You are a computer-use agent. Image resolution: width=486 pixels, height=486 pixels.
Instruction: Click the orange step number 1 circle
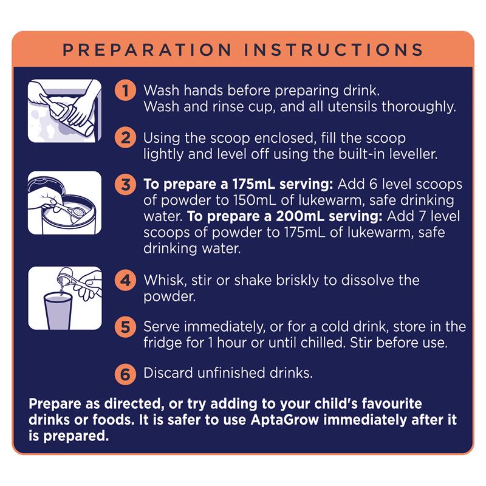coord(125,91)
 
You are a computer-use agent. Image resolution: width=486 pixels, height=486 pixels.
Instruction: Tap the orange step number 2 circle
coord(125,138)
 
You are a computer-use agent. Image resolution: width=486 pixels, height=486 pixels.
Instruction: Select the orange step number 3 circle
coord(125,185)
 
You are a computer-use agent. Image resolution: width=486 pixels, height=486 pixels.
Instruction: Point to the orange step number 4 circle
coord(125,280)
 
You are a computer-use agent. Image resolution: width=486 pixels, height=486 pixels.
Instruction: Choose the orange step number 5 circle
coord(125,327)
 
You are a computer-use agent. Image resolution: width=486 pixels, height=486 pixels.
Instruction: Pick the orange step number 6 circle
coord(125,374)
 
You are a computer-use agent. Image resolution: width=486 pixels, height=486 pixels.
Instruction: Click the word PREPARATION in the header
coord(147,50)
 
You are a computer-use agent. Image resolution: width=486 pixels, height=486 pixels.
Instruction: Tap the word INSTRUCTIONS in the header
coord(334,50)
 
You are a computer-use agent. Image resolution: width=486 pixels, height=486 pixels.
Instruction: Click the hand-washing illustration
coord(64,111)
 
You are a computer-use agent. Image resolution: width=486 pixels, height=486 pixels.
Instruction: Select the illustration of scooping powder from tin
coord(64,203)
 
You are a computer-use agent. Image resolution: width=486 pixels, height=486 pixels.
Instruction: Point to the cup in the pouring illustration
coord(58,311)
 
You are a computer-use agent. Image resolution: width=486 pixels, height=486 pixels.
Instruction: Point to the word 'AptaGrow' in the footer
coord(285,420)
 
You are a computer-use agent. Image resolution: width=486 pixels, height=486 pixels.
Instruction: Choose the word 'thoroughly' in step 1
coord(419,107)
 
